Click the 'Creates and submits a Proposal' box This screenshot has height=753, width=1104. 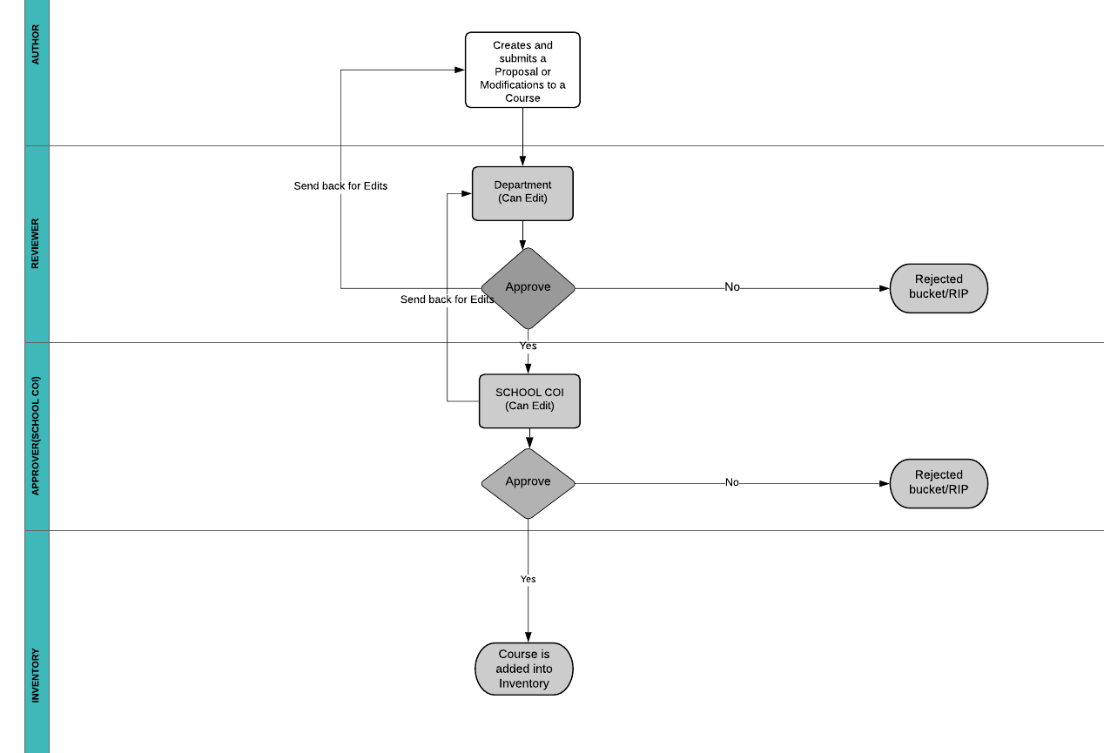[x=522, y=71]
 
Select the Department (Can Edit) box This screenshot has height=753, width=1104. [x=522, y=193]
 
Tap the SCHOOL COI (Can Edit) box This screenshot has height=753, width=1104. [x=529, y=400]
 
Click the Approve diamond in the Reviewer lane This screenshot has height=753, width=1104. [x=528, y=288]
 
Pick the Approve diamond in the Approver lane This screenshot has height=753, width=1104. [x=528, y=483]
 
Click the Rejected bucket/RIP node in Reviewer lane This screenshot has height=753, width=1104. [x=939, y=288]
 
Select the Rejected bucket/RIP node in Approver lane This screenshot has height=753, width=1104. [x=939, y=483]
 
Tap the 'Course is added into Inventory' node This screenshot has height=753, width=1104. [x=523, y=669]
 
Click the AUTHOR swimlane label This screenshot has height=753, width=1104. [x=36, y=44]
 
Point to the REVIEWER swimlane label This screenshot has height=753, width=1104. [x=36, y=243]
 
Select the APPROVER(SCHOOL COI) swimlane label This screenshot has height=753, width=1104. [x=36, y=435]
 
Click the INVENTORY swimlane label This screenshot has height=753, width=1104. [x=36, y=676]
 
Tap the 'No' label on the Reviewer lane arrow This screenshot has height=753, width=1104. [x=732, y=287]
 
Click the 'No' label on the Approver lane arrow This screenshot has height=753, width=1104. [x=731, y=482]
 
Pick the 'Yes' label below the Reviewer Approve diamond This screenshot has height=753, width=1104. [x=528, y=346]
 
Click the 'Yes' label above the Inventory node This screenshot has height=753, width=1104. [x=528, y=579]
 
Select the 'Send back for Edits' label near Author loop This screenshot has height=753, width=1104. [x=340, y=186]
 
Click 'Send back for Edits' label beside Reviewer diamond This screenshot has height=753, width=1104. [x=447, y=299]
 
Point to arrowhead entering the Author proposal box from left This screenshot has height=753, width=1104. [x=460, y=70]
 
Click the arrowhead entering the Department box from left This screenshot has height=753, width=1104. [x=467, y=193]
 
